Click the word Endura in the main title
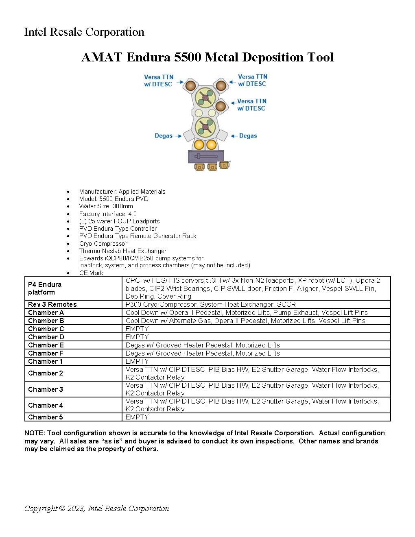pyautogui.click(x=148, y=57)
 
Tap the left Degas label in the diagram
pyautogui.click(x=163, y=136)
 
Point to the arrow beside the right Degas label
pyautogui.click(x=234, y=136)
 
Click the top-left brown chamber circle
pyautogui.click(x=190, y=85)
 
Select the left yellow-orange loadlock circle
pyautogui.click(x=199, y=144)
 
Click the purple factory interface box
pyautogui.click(x=206, y=156)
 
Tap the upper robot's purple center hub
pyautogui.click(x=205, y=98)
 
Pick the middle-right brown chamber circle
pyautogui.click(x=220, y=106)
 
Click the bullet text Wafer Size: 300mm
pyautogui.click(x=106, y=206)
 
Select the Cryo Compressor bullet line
pyautogui.click(x=103, y=243)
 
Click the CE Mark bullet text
pyautogui.click(x=91, y=273)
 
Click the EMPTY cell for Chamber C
pyautogui.click(x=137, y=329)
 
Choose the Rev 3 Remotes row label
pyautogui.click(x=52, y=304)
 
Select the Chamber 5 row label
pyautogui.click(x=46, y=417)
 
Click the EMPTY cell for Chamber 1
pyautogui.click(x=137, y=361)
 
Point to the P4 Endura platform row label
pyautogui.click(x=45, y=288)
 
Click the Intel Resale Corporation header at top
pyautogui.click(x=84, y=32)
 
